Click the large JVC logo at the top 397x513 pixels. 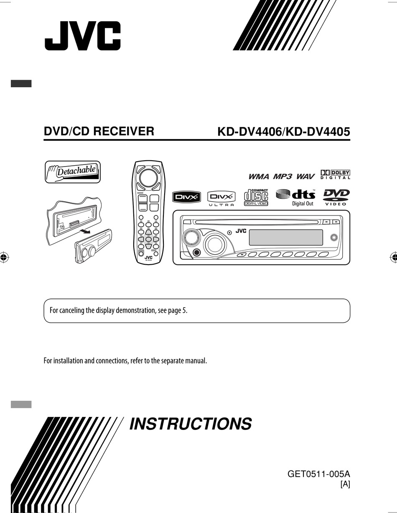click(82, 35)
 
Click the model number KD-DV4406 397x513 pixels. click(249, 132)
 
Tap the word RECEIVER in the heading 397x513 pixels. click(124, 131)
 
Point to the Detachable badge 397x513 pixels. click(73, 172)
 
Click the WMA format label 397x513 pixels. click(259, 177)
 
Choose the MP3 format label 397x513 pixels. click(283, 177)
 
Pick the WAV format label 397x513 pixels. click(305, 177)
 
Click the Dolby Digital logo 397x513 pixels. click(335, 175)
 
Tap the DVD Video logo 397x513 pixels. click(336, 197)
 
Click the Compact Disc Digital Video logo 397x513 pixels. click(256, 197)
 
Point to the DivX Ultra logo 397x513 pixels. click(221, 199)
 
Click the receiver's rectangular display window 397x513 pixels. click(286, 237)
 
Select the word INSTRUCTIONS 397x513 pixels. click(191, 424)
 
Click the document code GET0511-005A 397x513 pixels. click(318, 474)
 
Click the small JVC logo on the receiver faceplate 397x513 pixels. click(241, 231)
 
